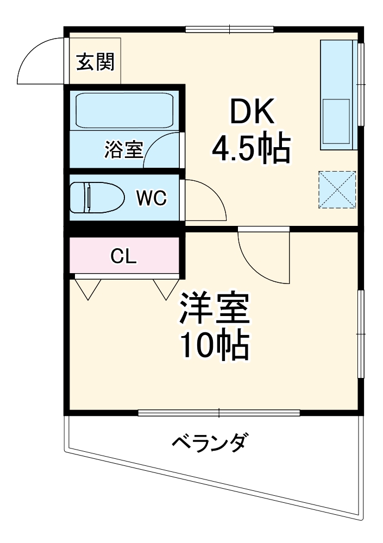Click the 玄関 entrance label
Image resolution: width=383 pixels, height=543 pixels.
point(95,63)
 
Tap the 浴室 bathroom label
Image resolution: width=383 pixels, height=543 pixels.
point(124,149)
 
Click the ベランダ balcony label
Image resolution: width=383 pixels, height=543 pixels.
point(209,444)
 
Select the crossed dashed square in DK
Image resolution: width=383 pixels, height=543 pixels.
point(337,190)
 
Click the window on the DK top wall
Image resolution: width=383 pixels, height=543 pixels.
point(229,29)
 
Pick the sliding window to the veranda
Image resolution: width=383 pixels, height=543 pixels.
point(219,413)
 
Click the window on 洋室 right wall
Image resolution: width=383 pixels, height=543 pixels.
point(360,333)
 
